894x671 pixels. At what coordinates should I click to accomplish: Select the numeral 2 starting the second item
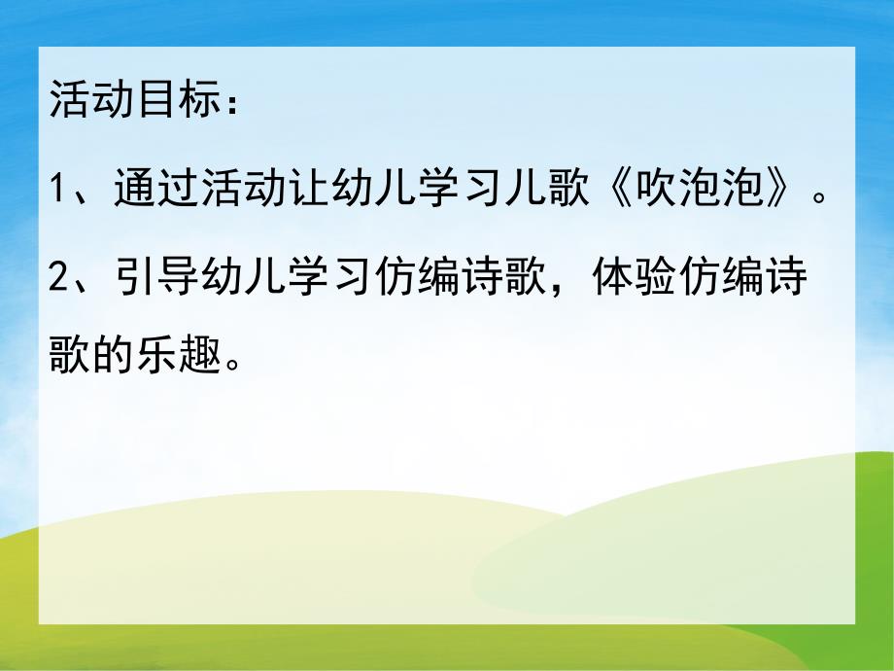(x=60, y=277)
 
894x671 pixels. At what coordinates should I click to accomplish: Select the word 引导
(x=144, y=277)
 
